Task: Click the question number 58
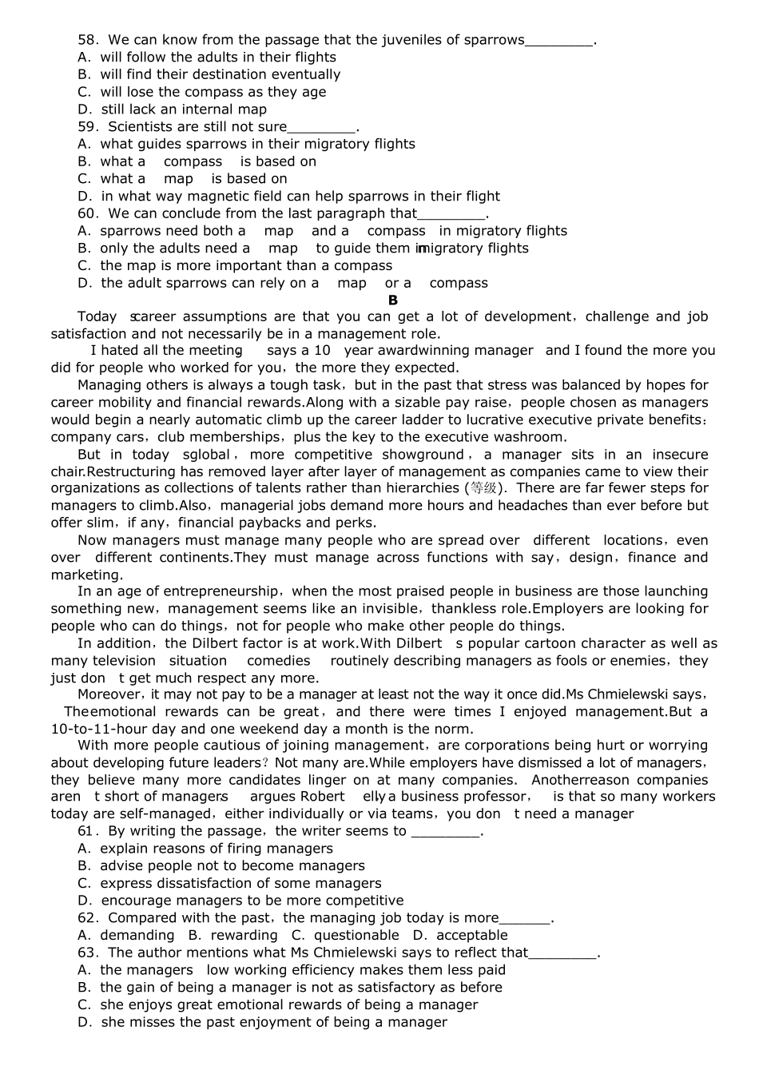[87, 40]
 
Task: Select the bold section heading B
[392, 300]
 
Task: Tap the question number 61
[87, 831]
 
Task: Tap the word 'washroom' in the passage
[530, 437]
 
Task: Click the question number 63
[87, 953]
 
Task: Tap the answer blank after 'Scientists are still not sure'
[321, 127]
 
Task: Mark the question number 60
[87, 213]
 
